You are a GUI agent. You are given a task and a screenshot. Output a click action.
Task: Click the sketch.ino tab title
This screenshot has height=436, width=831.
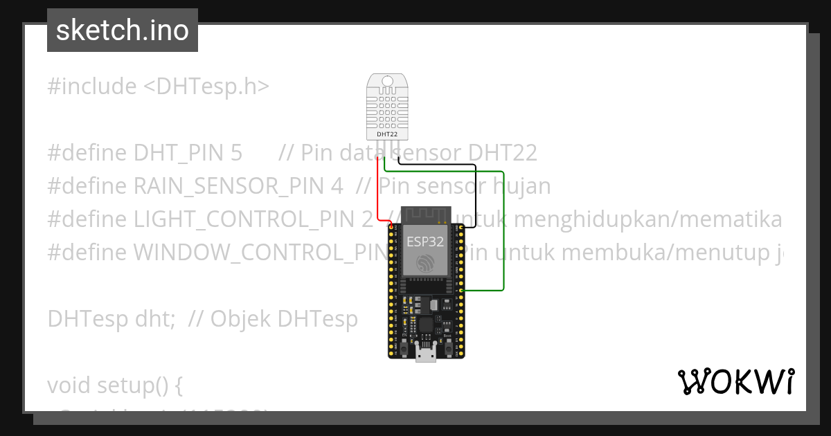(123, 30)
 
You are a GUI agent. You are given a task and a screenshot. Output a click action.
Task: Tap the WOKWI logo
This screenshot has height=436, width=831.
(735, 381)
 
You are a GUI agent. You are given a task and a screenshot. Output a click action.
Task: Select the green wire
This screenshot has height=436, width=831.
(503, 228)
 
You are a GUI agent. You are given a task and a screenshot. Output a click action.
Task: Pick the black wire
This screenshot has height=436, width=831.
(475, 194)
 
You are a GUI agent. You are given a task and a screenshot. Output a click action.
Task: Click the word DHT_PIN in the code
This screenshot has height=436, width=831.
(188, 153)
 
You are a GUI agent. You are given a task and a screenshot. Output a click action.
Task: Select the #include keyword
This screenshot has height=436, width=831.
(92, 87)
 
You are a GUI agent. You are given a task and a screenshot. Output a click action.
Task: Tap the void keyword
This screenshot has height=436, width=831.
(66, 385)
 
